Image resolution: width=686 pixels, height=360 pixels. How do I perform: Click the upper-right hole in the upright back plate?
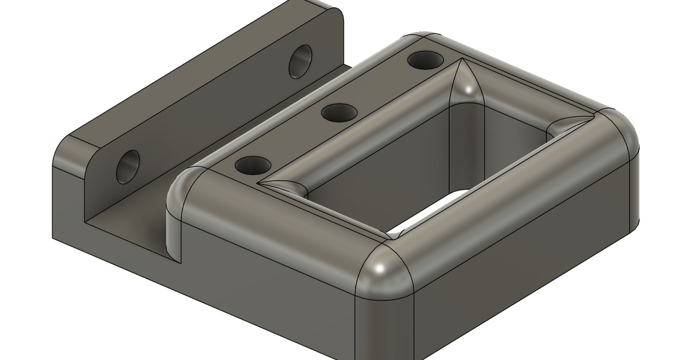(x=300, y=61)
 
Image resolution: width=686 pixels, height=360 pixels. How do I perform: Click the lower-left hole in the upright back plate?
(x=127, y=167)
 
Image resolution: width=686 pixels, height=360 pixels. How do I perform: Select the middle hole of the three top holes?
(x=339, y=112)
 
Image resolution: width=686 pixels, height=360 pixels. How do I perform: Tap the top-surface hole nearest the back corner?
(x=424, y=59)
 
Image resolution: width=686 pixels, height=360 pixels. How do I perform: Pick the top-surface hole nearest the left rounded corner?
(x=253, y=166)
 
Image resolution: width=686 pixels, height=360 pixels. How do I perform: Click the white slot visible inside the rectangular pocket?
(x=426, y=214)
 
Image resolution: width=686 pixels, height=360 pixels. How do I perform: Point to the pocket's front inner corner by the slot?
(x=394, y=231)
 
